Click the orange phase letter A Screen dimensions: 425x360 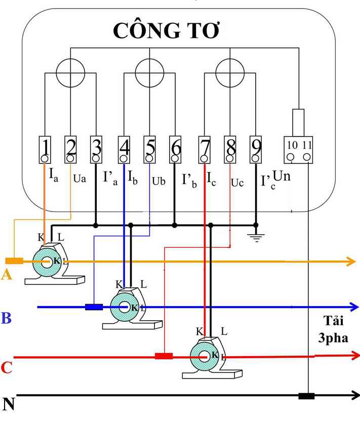[7, 275]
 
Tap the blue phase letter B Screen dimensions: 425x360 [7, 319]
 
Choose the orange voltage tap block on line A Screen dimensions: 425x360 [14, 261]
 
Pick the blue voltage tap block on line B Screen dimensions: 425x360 [94, 307]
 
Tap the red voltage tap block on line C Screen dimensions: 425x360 [164, 356]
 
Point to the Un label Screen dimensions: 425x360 [282, 177]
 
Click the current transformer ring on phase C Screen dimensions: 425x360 [205, 356]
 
